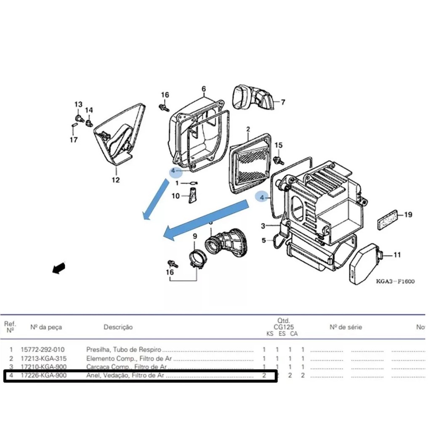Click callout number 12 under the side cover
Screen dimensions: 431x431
click(x=115, y=180)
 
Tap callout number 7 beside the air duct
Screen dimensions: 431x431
click(x=283, y=102)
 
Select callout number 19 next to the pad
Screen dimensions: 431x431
click(x=408, y=215)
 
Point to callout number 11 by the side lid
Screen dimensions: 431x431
click(x=397, y=255)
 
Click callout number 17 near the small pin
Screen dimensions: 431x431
click(x=74, y=140)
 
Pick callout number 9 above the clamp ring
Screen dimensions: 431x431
click(x=194, y=237)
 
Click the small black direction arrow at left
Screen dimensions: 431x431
click(x=59, y=268)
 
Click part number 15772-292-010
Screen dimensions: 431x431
click(x=43, y=350)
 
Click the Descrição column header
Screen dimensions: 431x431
click(x=118, y=327)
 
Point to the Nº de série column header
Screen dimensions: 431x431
click(x=346, y=327)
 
